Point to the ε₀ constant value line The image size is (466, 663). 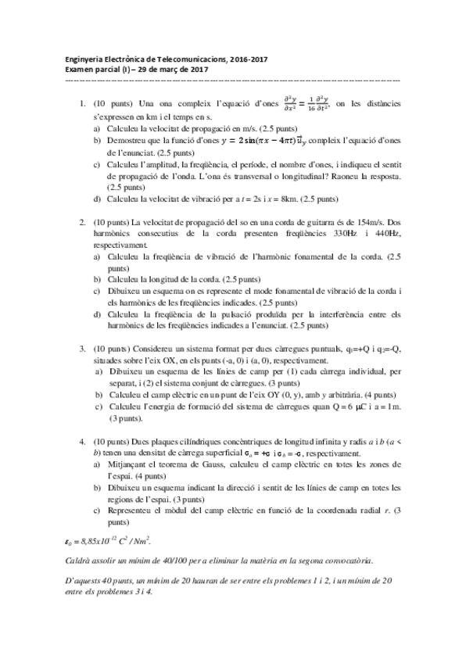(x=107, y=539)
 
